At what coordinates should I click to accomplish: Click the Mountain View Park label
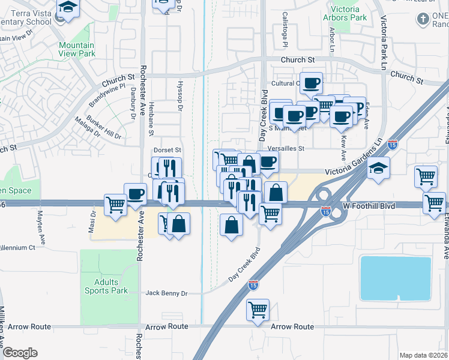[76, 49]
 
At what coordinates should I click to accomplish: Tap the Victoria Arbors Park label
[345, 13]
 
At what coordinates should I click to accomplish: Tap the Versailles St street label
[286, 148]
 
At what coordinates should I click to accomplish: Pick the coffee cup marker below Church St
[311, 83]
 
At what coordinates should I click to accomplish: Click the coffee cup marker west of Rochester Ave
[135, 194]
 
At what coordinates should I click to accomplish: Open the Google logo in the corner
[20, 353]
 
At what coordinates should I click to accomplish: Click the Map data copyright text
[424, 355]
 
